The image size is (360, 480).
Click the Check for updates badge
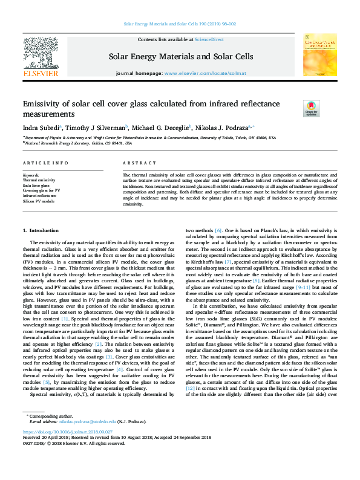(x=311, y=108)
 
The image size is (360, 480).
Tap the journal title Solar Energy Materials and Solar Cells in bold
(x=180, y=57)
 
